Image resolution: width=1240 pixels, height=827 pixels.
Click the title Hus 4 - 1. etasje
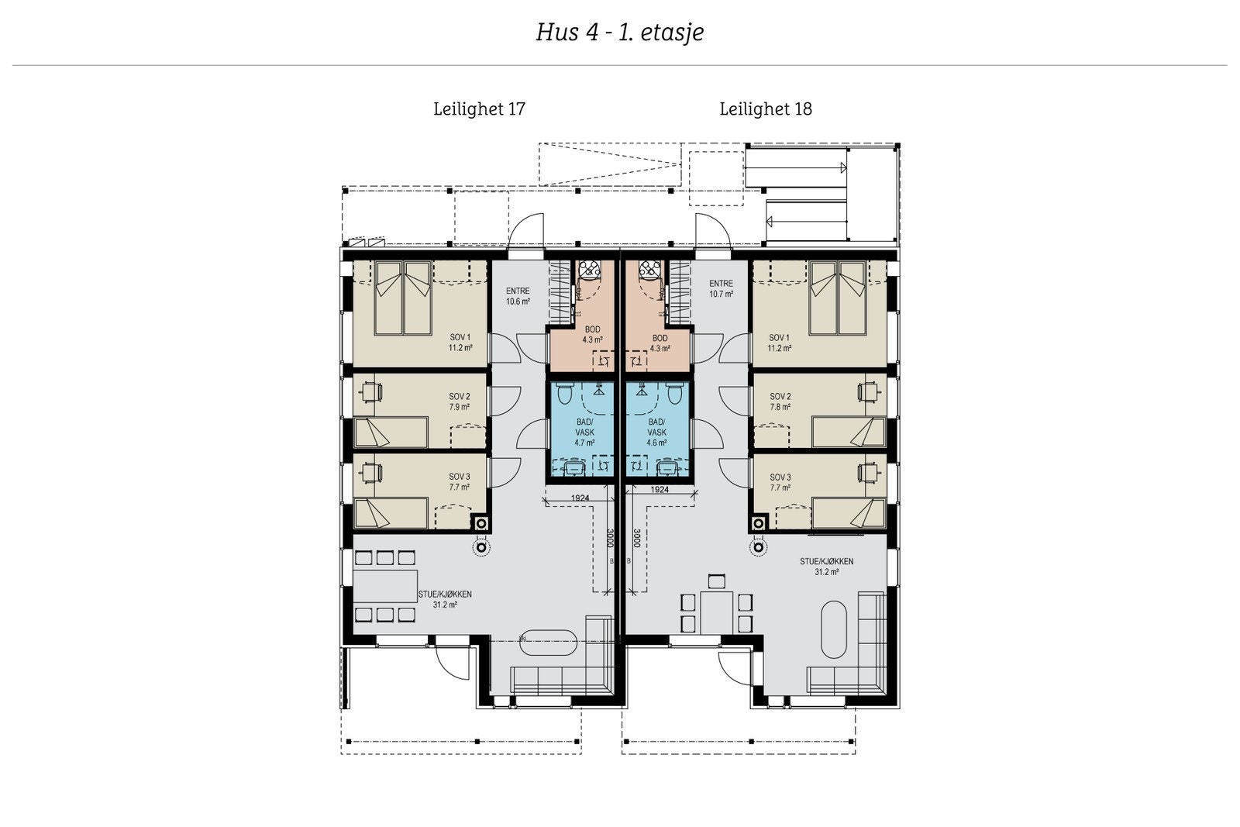pyautogui.click(x=619, y=33)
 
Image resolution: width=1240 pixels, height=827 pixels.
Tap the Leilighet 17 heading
pyautogui.click(x=479, y=109)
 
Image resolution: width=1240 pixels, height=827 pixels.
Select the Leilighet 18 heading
pyautogui.click(x=765, y=109)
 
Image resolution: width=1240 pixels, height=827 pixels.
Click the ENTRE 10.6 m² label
pyautogui.click(x=518, y=296)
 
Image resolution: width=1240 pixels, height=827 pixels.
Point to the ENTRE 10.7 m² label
pyautogui.click(x=721, y=289)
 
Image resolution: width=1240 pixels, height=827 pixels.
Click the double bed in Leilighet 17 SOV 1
pyautogui.click(x=403, y=298)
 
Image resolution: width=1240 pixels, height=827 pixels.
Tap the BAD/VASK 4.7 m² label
pyautogui.click(x=584, y=432)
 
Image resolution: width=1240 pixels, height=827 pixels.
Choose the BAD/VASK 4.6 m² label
pyautogui.click(x=656, y=432)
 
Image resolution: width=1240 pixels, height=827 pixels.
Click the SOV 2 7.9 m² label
pyautogui.click(x=460, y=401)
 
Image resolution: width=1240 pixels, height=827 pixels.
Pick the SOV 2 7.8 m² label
pyautogui.click(x=780, y=401)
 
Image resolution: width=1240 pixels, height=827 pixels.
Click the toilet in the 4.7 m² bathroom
pyautogui.click(x=565, y=396)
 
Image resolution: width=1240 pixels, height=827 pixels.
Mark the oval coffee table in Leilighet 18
pyautogui.click(x=835, y=629)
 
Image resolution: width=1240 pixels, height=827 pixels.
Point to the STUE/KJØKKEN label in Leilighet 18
pyautogui.click(x=827, y=567)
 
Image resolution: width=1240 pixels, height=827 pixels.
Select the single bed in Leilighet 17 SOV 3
pyautogui.click(x=391, y=513)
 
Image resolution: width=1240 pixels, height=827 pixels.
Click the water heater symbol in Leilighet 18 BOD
pyautogui.click(x=647, y=270)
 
